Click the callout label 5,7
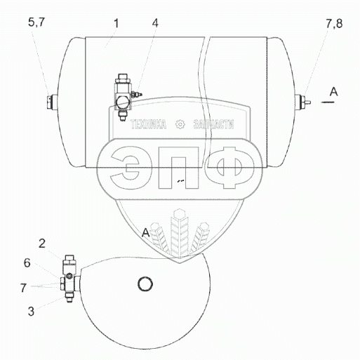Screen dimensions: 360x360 tap(36, 22)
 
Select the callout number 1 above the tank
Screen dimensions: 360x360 tap(116, 24)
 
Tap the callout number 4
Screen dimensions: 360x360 tap(155, 23)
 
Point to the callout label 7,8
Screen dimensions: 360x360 tap(334, 24)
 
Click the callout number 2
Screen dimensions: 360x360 tap(42, 244)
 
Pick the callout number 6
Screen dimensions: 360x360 tap(27, 263)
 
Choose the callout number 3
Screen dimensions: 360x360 tap(31, 312)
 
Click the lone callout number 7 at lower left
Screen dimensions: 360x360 tap(23, 288)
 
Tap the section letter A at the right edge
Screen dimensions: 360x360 tap(334, 91)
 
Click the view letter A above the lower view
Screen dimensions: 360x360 tap(145, 233)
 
